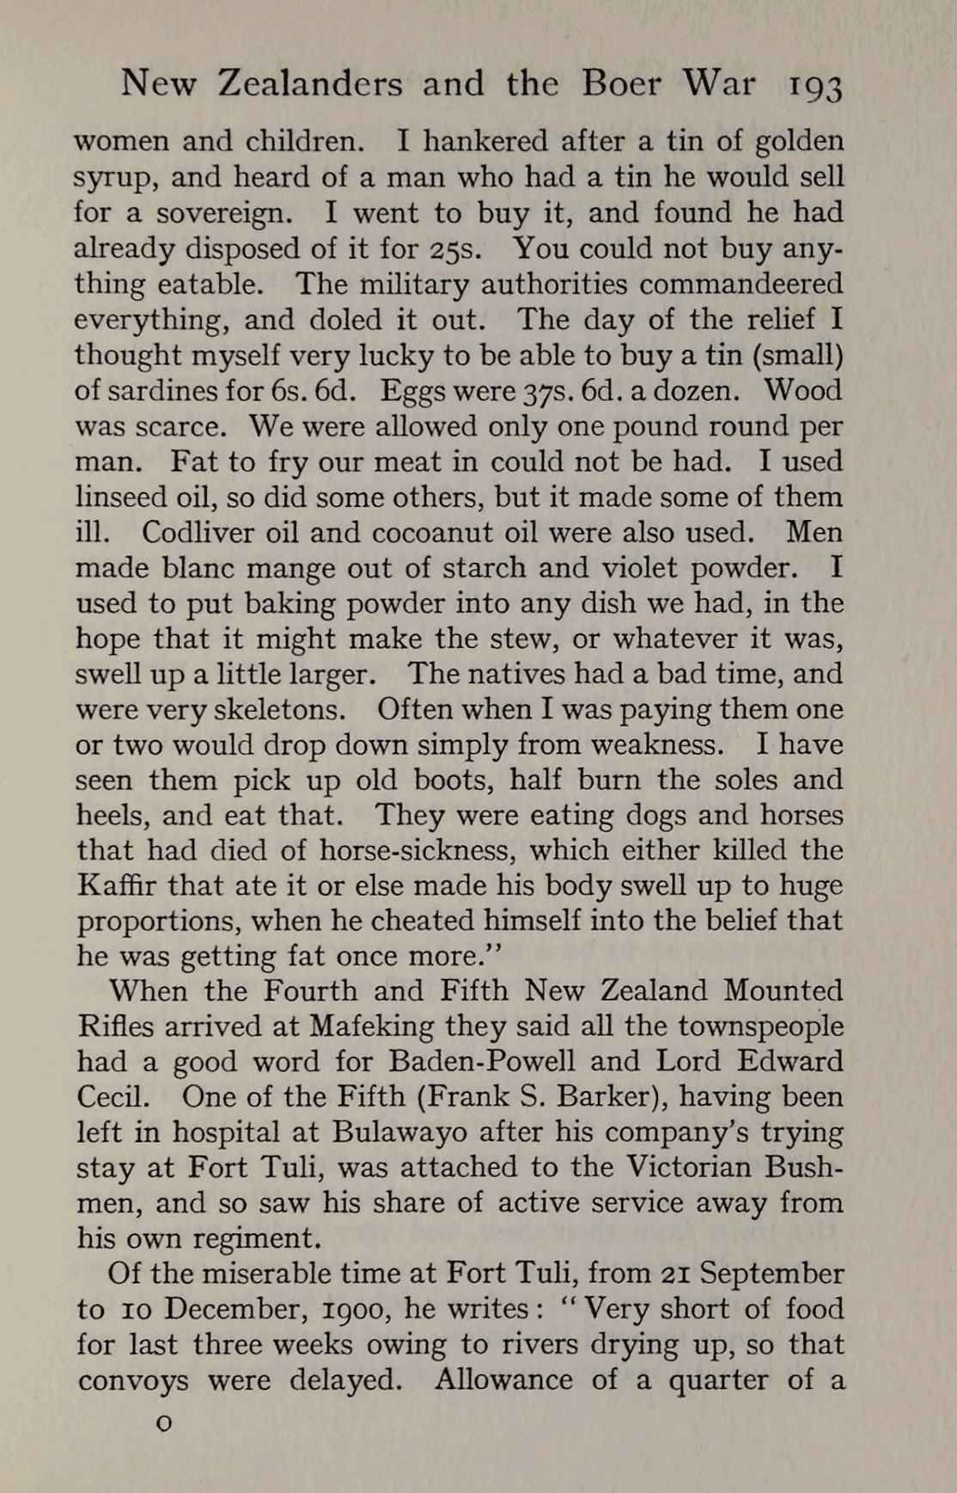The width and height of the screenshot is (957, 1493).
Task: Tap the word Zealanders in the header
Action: tap(310, 84)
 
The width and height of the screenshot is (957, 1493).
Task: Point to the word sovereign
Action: tap(232, 214)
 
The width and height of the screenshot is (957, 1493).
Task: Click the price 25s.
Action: tap(456, 249)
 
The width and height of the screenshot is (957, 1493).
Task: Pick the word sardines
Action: tap(167, 391)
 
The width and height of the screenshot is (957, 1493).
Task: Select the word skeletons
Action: tap(279, 710)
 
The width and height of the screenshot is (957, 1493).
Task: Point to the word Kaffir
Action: tap(115, 885)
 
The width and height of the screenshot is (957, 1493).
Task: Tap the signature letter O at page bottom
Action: tap(163, 1423)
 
